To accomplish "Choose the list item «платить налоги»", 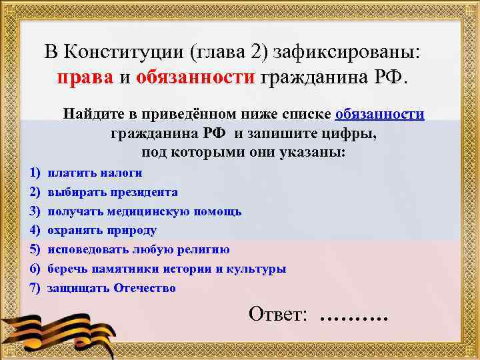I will (95, 173).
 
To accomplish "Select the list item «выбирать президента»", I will (113, 192).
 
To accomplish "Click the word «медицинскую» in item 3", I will (154, 211).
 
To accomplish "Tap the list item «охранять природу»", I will (102, 231).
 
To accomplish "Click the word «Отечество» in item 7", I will (145, 289).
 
